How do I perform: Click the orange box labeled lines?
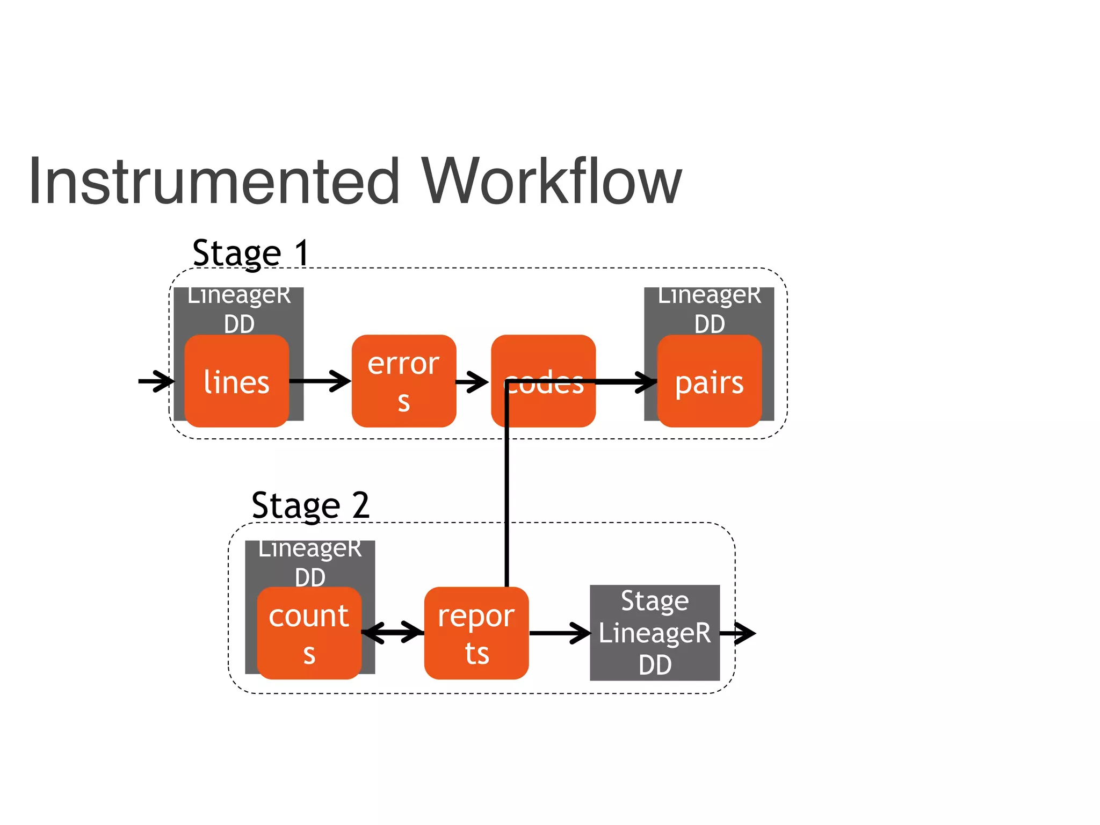point(236,381)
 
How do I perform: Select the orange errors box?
point(404,381)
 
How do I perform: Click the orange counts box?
point(309,634)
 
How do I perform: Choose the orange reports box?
point(476,634)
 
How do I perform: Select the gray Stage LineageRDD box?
point(655,633)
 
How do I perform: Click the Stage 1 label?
point(251,252)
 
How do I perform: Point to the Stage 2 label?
point(310,505)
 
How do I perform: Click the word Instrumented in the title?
point(214,182)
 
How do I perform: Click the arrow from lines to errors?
point(320,381)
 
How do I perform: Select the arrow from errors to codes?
point(472,382)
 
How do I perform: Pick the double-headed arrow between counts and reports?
point(393,632)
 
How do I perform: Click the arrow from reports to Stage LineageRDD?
point(560,633)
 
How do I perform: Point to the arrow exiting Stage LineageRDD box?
point(738,633)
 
